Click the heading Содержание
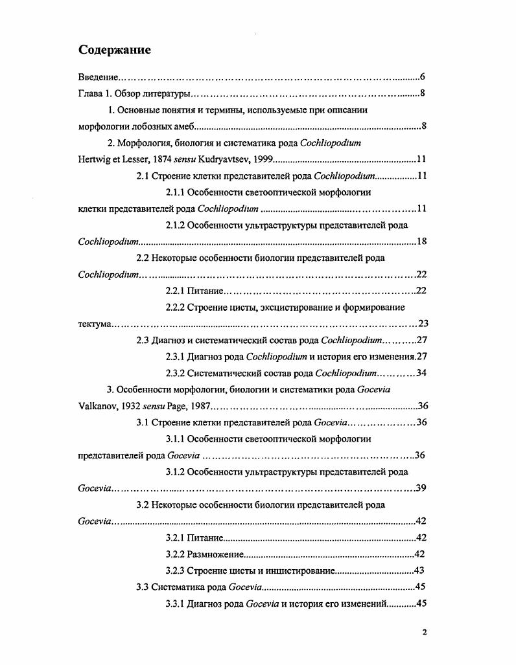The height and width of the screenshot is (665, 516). [x=115, y=50]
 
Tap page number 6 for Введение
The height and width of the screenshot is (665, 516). [x=422, y=77]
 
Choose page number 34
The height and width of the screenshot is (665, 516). [x=419, y=373]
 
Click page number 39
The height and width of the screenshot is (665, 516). [x=420, y=488]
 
